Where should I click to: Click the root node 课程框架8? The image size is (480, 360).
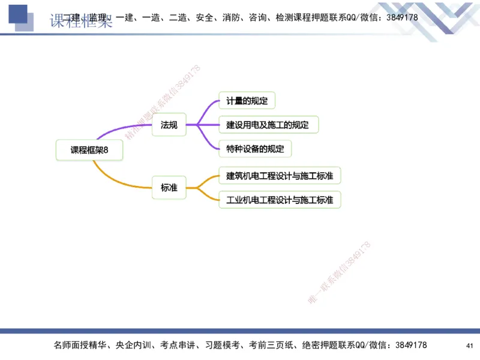pos(89,150)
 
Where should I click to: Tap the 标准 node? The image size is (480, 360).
pos(169,188)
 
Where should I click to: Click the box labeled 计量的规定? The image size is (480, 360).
pos(247,100)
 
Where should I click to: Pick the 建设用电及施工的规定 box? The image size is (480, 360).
pos(268,125)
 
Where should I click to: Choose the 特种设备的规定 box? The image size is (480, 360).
pos(255,148)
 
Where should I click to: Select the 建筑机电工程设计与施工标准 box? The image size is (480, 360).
pos(280,175)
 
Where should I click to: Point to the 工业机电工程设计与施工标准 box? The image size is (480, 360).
pos(280,199)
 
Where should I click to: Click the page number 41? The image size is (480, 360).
pos(469,346)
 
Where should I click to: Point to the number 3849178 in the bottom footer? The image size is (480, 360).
pos(408,345)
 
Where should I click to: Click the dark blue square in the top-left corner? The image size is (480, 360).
pos(18,15)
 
